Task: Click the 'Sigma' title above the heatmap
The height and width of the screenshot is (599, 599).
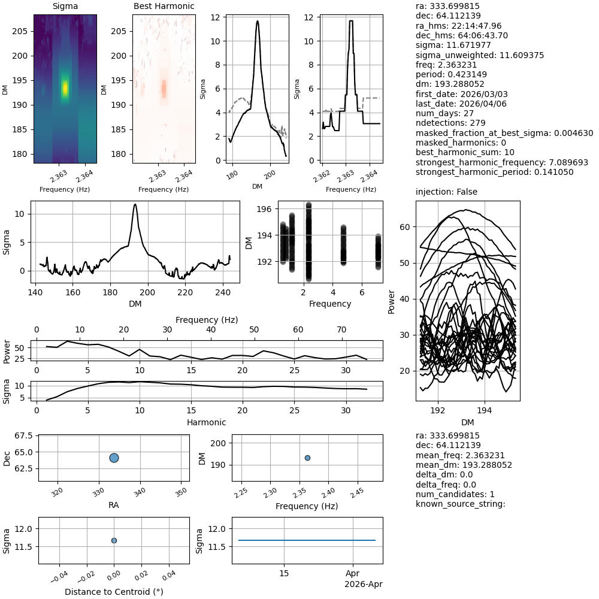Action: pos(65,7)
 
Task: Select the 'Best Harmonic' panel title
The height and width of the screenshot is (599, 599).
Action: pos(164,7)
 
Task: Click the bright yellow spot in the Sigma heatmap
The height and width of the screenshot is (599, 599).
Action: pos(65,88)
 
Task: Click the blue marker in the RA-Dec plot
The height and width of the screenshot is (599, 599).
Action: pos(114,458)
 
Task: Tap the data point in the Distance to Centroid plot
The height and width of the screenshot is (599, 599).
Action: pos(114,540)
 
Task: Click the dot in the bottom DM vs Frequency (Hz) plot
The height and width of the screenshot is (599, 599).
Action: pos(307,458)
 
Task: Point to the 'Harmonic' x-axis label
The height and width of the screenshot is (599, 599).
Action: pos(206,422)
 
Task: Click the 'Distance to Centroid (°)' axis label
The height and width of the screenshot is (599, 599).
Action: pos(114,592)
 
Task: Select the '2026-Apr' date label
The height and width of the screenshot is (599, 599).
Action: pos(363,584)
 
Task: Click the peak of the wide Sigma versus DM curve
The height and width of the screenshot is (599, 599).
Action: pos(135,205)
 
